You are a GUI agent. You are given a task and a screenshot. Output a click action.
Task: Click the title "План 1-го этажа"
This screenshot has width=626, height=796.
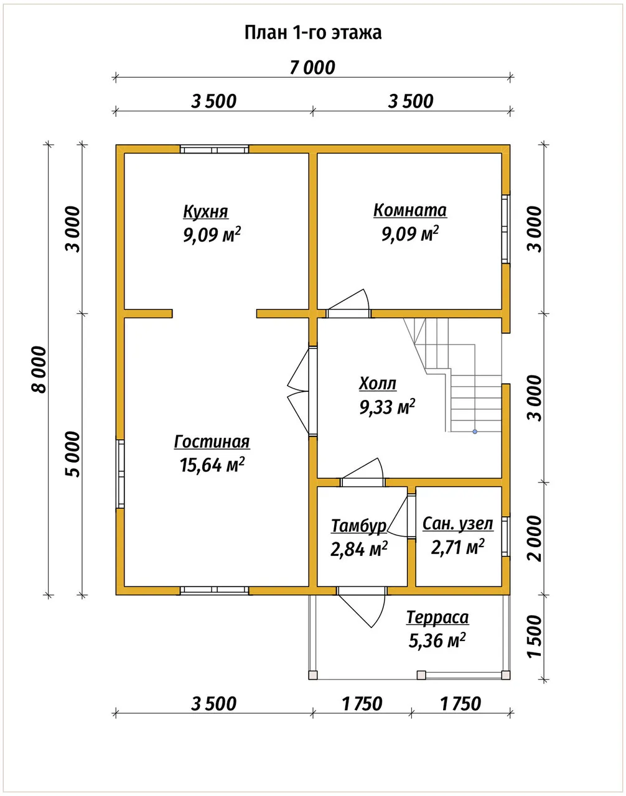click(313, 32)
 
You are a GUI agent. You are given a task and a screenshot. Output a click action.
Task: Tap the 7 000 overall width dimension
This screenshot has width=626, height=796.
click(312, 68)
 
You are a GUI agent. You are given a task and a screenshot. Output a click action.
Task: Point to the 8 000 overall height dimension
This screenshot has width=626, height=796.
click(39, 369)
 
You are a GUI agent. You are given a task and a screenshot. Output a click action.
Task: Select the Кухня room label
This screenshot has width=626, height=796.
click(205, 211)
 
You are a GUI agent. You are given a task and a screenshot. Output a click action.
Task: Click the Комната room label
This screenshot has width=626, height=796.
click(410, 210)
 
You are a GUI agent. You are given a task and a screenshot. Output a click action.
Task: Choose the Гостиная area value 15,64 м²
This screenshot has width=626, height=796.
click(212, 465)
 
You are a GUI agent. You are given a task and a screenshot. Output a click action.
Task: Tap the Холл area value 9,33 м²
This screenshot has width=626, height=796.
click(387, 407)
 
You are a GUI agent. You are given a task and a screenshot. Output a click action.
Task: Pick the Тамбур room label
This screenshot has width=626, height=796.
click(359, 525)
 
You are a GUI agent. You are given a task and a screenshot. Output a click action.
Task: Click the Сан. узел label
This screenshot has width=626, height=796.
click(458, 524)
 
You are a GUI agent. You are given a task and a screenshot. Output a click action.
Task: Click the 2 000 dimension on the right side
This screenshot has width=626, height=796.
click(534, 539)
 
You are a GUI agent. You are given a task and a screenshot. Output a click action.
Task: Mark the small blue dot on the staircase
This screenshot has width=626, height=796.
click(475, 432)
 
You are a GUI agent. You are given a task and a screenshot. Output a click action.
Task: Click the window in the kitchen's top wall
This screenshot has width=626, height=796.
click(215, 149)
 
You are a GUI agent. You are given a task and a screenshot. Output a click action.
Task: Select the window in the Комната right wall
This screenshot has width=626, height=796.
click(506, 229)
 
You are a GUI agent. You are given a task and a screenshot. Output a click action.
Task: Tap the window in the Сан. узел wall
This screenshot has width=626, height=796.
click(506, 537)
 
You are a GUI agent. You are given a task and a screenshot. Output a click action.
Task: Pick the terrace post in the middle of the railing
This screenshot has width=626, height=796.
click(421, 675)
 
